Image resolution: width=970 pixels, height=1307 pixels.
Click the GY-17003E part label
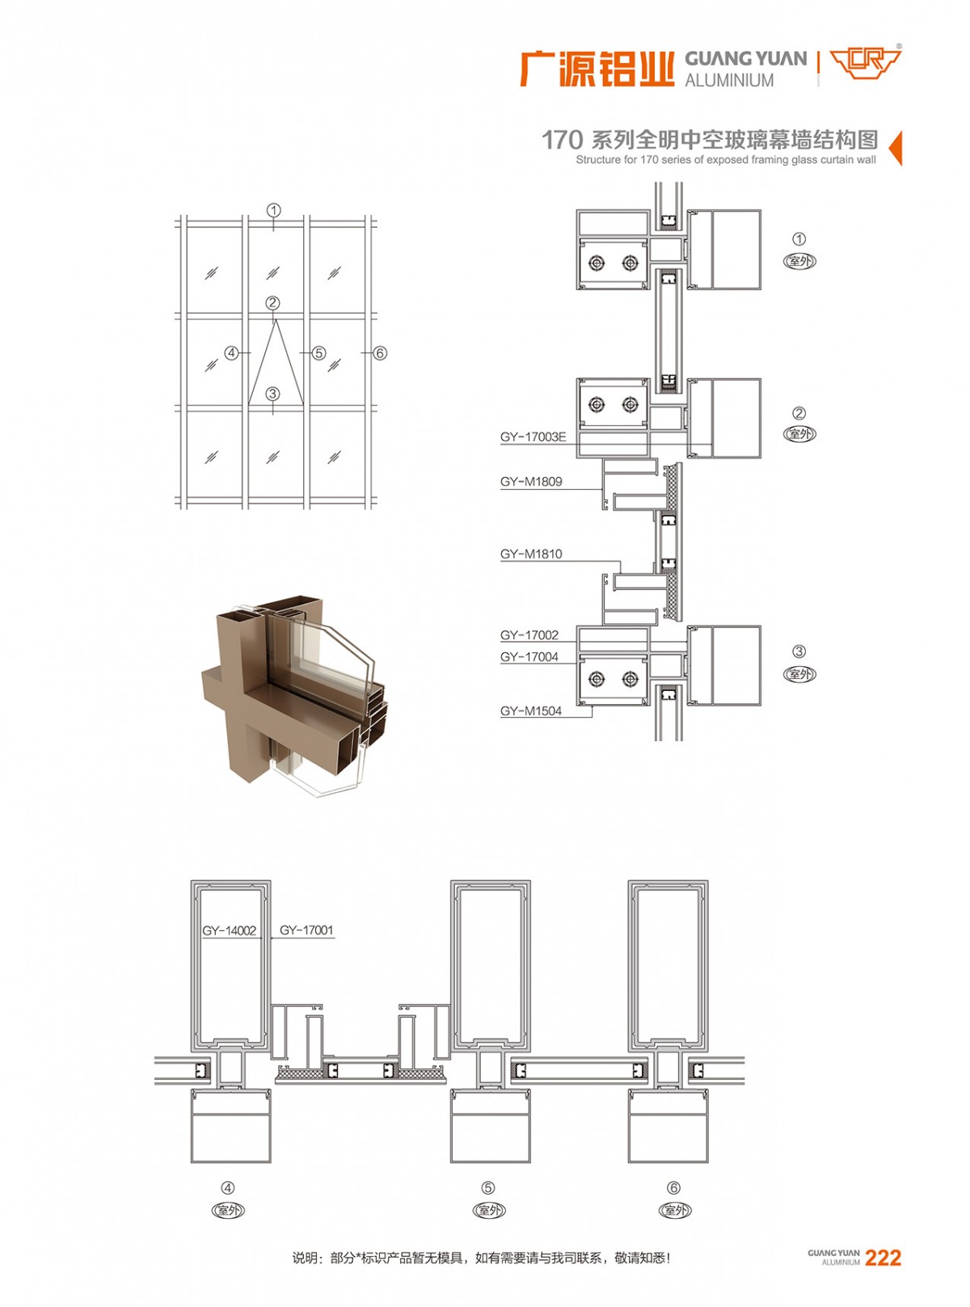[x=533, y=436]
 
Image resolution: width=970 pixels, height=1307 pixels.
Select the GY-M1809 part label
[x=531, y=482]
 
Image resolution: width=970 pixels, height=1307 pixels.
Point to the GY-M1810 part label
[x=531, y=554]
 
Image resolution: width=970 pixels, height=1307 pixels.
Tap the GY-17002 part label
[x=529, y=635]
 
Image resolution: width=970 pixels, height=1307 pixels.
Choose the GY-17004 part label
[x=529, y=657]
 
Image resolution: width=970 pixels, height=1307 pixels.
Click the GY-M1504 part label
[x=531, y=711]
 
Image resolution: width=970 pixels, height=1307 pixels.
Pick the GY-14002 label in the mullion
[x=230, y=930]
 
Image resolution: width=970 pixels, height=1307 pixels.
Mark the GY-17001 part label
[x=306, y=930]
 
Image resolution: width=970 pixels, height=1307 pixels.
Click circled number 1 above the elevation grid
[x=273, y=210]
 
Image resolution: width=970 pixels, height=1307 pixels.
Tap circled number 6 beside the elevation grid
[x=380, y=353]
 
